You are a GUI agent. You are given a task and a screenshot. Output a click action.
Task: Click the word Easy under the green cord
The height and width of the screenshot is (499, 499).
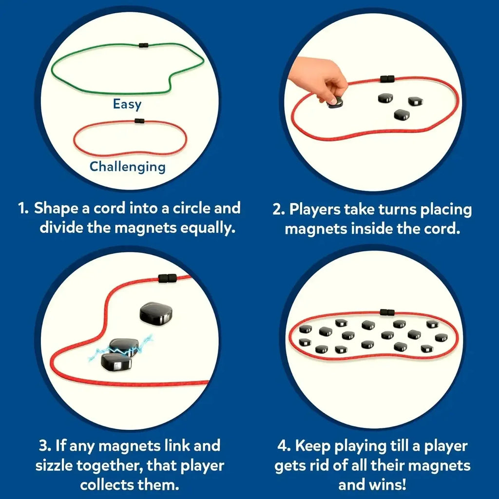click(x=127, y=104)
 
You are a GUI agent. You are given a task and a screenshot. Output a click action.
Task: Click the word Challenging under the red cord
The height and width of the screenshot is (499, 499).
click(x=128, y=167)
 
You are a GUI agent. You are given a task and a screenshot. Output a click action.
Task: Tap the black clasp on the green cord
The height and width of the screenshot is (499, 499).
click(x=143, y=45)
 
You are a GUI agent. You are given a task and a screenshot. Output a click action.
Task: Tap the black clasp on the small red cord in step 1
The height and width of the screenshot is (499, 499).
click(x=139, y=121)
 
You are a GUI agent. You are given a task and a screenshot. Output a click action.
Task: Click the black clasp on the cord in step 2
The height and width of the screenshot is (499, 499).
click(x=387, y=79)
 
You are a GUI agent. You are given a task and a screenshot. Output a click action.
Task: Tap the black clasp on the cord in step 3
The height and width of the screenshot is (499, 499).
click(x=167, y=278)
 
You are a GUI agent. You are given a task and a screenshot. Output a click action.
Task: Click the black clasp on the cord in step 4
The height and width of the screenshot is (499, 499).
click(x=387, y=312)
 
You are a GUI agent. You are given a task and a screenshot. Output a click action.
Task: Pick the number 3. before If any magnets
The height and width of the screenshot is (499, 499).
click(x=45, y=446)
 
